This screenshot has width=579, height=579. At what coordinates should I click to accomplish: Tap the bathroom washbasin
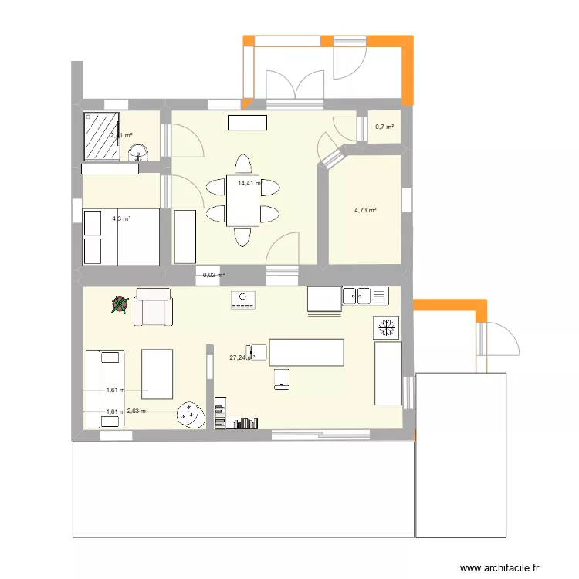[139, 153]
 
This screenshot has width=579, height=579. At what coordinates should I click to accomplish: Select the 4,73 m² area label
[365, 210]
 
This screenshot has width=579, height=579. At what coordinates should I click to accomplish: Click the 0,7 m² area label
[384, 127]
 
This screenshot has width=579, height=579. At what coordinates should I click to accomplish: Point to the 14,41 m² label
[249, 184]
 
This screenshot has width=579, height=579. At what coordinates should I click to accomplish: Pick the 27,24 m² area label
[241, 357]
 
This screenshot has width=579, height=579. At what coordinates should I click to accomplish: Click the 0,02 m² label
[213, 275]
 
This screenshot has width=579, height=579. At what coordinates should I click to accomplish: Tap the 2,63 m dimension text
[137, 411]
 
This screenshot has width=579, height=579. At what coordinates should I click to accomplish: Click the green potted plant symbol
[118, 306]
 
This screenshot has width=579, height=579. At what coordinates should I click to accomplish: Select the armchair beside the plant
[153, 306]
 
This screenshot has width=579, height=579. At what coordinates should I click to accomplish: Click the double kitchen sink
[365, 294]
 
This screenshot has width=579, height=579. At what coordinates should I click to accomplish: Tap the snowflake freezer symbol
[385, 327]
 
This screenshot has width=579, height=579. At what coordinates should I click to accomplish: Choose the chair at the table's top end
[242, 164]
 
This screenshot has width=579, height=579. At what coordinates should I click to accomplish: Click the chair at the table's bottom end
[242, 236]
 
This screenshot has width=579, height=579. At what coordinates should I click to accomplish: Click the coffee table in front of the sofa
[158, 373]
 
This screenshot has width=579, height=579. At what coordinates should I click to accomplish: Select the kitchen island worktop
[306, 351]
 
